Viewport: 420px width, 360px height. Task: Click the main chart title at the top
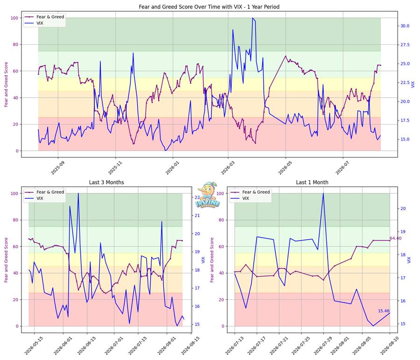pos(209,7)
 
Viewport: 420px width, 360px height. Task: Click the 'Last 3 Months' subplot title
pos(106,182)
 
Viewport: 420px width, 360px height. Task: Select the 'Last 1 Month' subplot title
pos(312,182)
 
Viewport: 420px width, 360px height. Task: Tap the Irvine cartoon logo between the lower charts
pos(208,195)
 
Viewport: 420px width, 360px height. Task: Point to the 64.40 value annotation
pos(395,238)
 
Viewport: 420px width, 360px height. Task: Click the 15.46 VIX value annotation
pos(384,311)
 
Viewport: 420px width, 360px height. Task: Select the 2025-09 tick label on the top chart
pos(58,168)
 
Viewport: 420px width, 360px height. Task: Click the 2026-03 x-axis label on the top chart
pos(228,168)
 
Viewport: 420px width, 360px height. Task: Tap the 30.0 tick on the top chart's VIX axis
pos(405,26)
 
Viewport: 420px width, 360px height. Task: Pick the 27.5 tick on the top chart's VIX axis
pos(405,45)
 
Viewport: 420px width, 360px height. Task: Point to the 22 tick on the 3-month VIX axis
pos(197,198)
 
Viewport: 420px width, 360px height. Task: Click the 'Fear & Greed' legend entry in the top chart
pos(44,17)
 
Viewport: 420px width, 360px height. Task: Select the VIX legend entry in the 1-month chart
pos(240,198)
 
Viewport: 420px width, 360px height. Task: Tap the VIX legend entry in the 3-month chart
pos(34,198)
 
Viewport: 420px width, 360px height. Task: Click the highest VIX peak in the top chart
pos(252,18)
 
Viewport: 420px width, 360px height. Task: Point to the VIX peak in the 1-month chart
pos(323,193)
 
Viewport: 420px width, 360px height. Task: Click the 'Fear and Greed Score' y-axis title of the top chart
pos(6,85)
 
